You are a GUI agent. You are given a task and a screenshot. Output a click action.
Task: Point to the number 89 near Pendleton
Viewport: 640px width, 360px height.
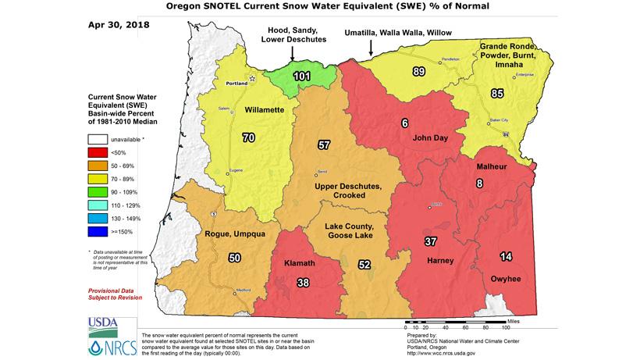(418, 72)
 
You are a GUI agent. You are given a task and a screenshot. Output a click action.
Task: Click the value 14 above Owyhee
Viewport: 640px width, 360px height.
(507, 256)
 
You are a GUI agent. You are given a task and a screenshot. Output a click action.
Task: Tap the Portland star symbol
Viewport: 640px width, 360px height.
(252, 79)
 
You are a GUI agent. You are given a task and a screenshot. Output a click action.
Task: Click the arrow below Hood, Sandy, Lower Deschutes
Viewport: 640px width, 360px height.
(292, 52)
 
